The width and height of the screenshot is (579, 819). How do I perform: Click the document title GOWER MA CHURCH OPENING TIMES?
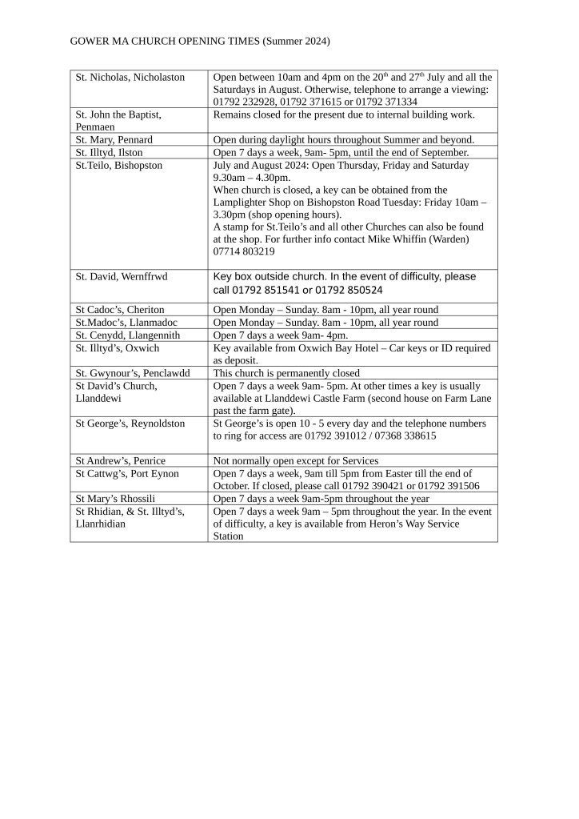(200, 41)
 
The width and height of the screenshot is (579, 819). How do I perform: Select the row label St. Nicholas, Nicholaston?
(130, 77)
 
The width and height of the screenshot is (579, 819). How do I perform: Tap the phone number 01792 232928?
(243, 102)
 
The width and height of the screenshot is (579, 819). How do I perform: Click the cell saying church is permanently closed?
(286, 372)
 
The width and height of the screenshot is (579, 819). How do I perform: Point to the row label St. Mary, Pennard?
(114, 139)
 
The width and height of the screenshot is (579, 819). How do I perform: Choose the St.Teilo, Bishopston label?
(118, 165)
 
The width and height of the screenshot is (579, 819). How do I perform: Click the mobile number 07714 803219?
(244, 251)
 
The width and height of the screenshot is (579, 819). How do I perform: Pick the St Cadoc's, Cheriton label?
(120, 310)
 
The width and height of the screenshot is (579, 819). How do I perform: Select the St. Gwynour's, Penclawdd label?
(133, 372)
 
